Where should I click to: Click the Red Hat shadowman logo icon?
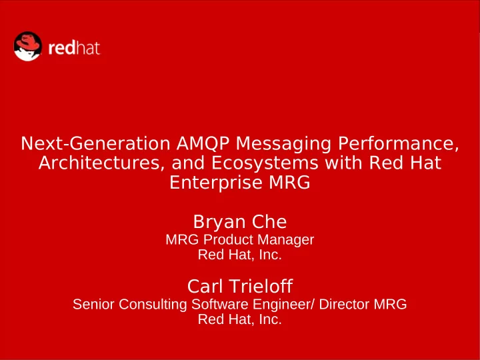coord(27,46)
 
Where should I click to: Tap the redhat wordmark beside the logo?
coord(74,48)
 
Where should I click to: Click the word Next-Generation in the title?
coord(95,143)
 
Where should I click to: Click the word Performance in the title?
coord(396,143)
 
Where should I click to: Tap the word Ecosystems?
coord(265,164)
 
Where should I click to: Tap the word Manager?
coord(285,240)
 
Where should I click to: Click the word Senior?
coord(94,304)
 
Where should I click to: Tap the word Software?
coord(220,304)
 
